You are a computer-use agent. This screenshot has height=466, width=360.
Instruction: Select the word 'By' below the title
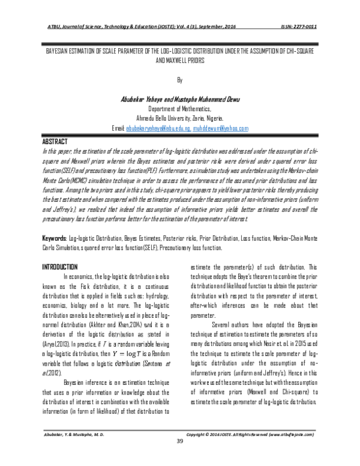click(179, 78)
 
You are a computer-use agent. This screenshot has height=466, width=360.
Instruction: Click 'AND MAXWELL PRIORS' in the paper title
click(179, 61)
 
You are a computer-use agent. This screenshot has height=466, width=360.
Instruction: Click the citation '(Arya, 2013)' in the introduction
click(57, 326)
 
